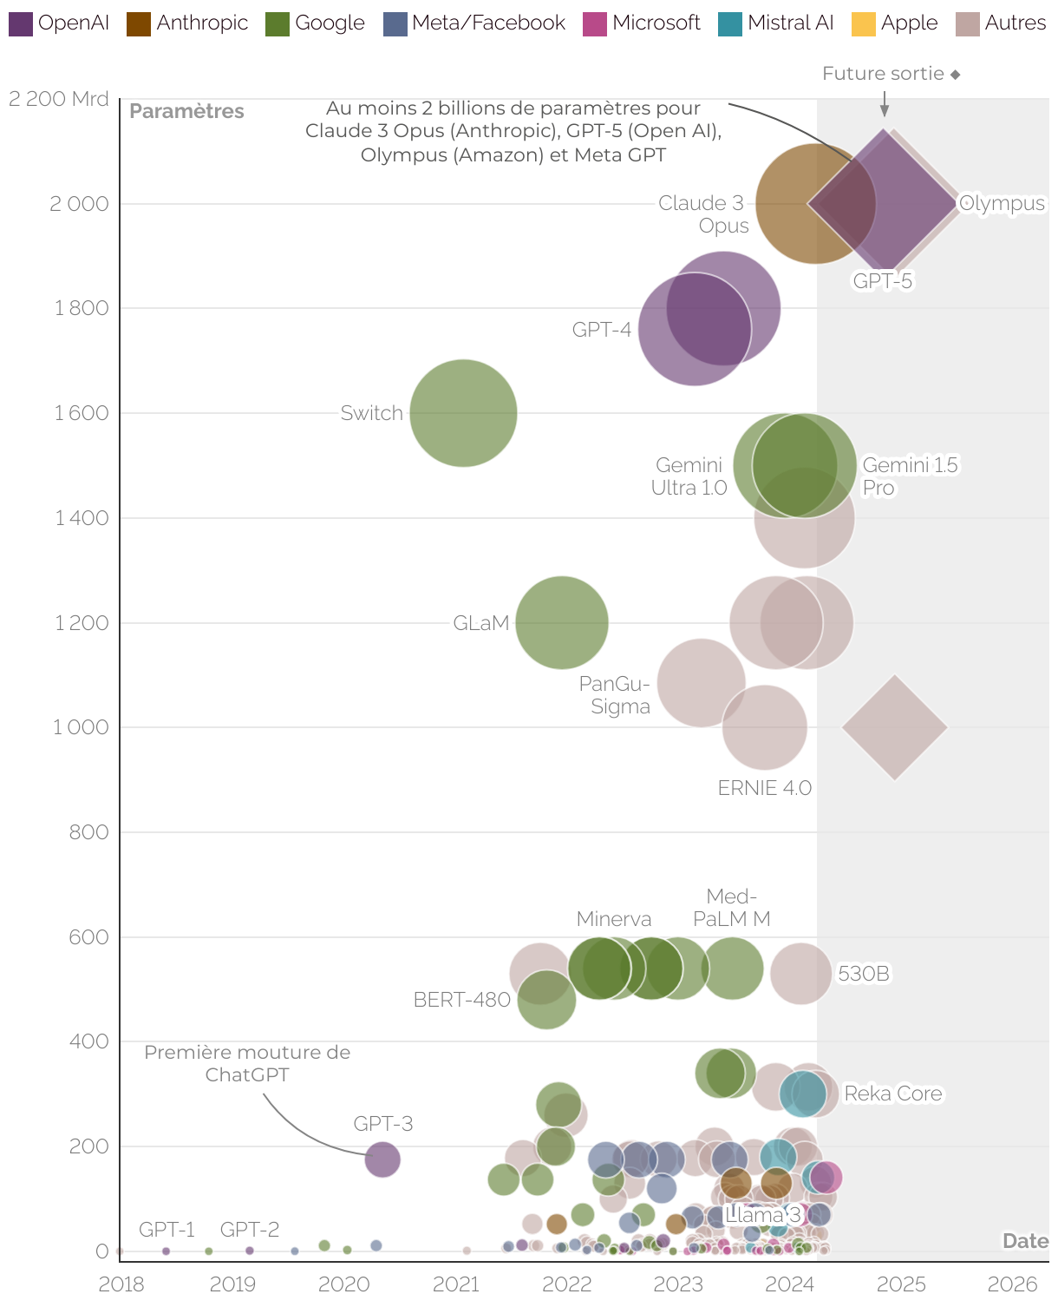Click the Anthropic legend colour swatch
pos(139,23)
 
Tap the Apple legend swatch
pos(863,23)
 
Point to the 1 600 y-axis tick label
pos(82,413)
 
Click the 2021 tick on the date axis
pos(455,1284)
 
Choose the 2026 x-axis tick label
pos(1012,1284)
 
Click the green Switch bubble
pos(463,413)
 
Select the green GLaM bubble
pos(562,622)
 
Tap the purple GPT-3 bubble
pos(382,1159)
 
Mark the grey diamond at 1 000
pos(894,727)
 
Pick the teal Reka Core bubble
pos(802,1094)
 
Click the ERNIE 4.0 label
pos(764,788)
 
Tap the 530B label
pos(863,974)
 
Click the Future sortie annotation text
pos(883,74)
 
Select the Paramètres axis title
pos(186,111)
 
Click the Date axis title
pos(1025,1241)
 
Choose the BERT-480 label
pos(461,1000)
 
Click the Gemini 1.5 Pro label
pos(909,476)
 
